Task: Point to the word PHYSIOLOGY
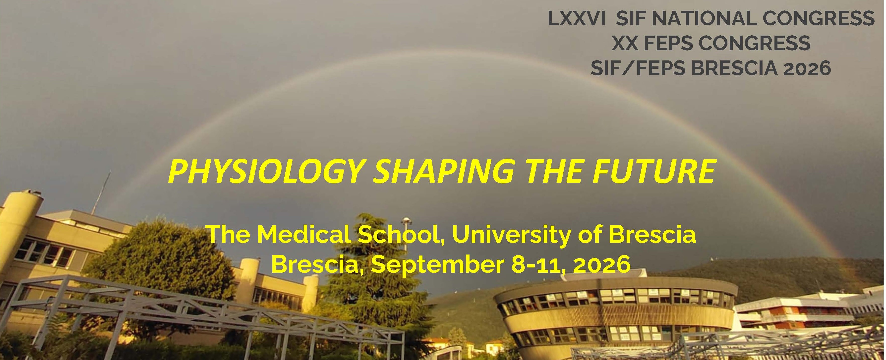[x=267, y=172]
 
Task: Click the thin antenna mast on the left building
[x=101, y=192]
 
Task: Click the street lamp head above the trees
[x=406, y=220]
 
